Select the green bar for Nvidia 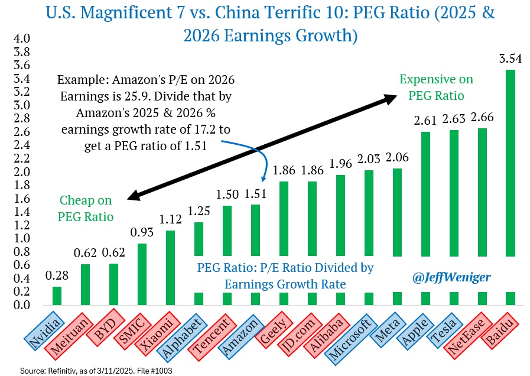click(57, 296)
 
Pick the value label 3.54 click(511, 59)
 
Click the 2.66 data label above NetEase click(482, 118)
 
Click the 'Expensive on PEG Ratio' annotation click(436, 87)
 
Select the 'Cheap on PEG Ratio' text click(86, 209)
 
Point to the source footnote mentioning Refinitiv click(87, 369)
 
